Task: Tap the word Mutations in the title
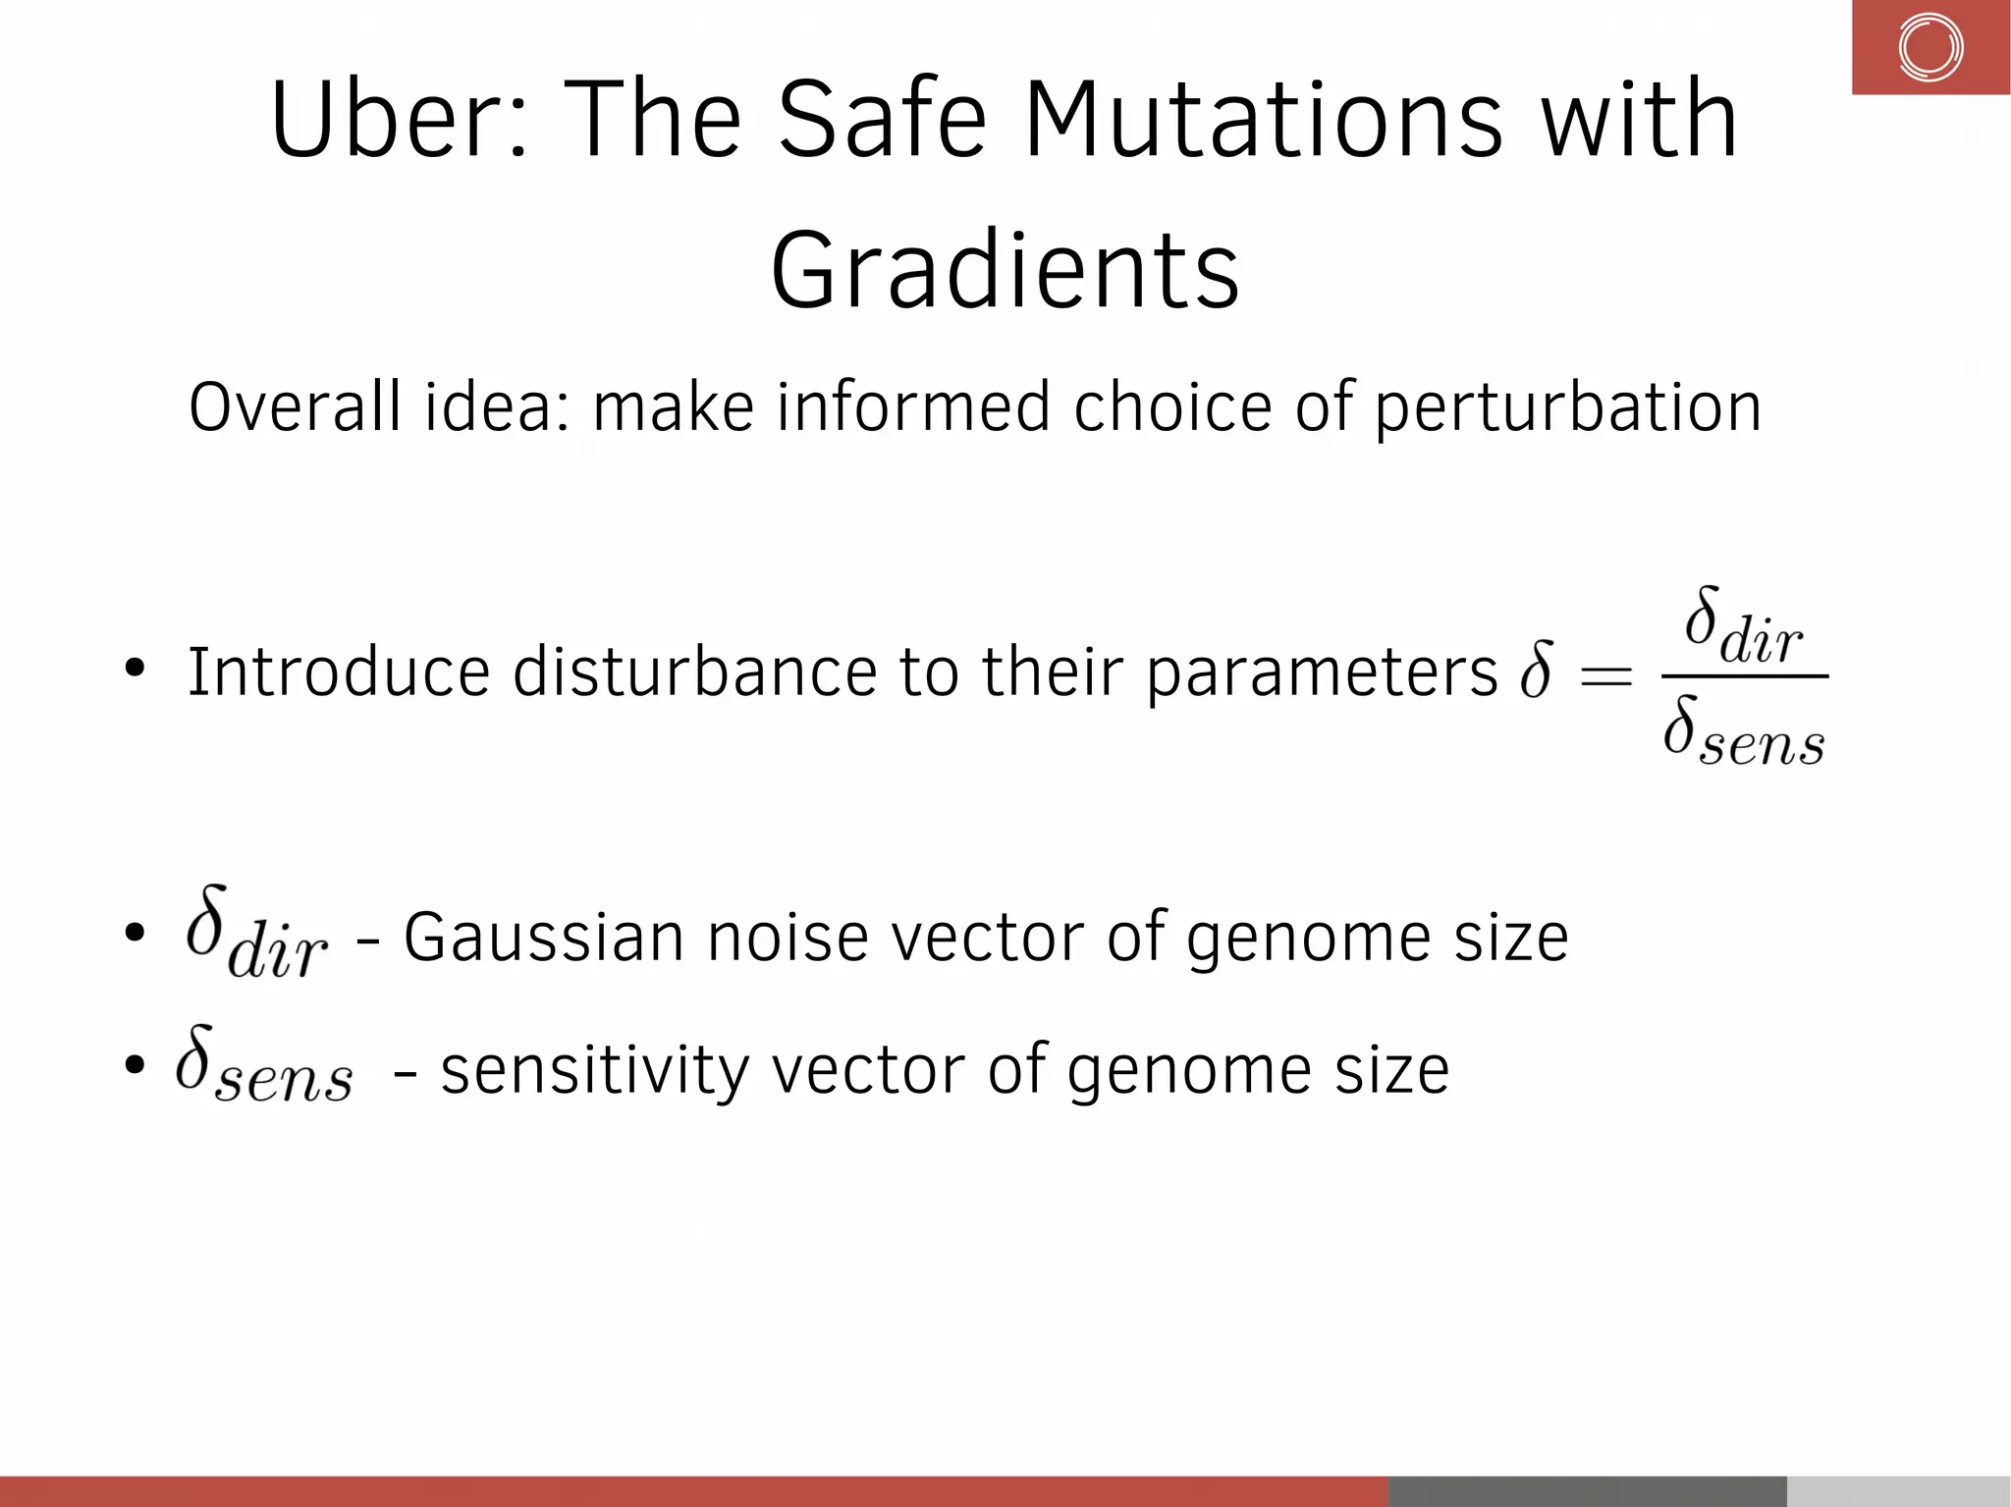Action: pyautogui.click(x=1263, y=120)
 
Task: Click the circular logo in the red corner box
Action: pyautogui.click(x=1929, y=47)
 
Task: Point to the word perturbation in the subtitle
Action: pyautogui.click(x=1567, y=408)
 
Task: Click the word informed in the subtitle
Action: pyautogui.click(x=912, y=406)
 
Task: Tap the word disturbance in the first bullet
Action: pyautogui.click(x=694, y=673)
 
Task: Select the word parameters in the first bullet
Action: pyautogui.click(x=1322, y=674)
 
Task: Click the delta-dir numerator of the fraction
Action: pyautogui.click(x=1744, y=627)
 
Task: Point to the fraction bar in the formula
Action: pyautogui.click(x=1744, y=676)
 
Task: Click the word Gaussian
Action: pyautogui.click(x=543, y=938)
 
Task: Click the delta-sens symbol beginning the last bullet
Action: pyautogui.click(x=263, y=1065)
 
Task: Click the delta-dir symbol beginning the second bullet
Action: pyautogui.click(x=256, y=933)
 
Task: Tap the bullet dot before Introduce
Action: pyautogui.click(x=135, y=670)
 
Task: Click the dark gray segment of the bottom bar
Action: pyautogui.click(x=1587, y=1490)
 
